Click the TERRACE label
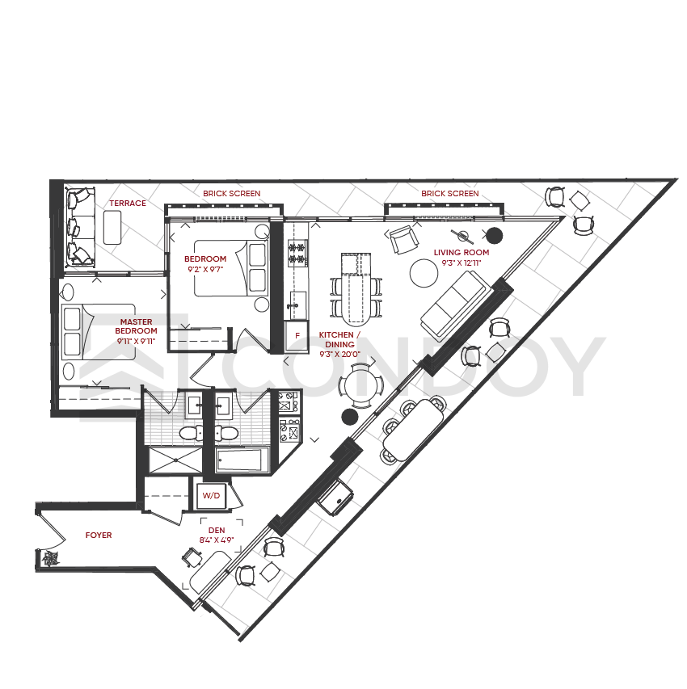128,203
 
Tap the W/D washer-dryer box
211,496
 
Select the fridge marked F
297,336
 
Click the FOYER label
99,536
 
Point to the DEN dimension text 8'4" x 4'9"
217,540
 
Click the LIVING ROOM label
462,253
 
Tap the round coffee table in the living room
424,273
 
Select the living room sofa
456,306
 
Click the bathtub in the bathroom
242,459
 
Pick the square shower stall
175,460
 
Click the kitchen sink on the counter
297,305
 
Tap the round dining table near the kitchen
360,386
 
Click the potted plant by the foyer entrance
50,558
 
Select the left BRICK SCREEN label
232,193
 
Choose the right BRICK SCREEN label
450,193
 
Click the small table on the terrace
112,227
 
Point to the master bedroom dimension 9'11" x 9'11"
136,342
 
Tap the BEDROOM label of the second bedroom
205,258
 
